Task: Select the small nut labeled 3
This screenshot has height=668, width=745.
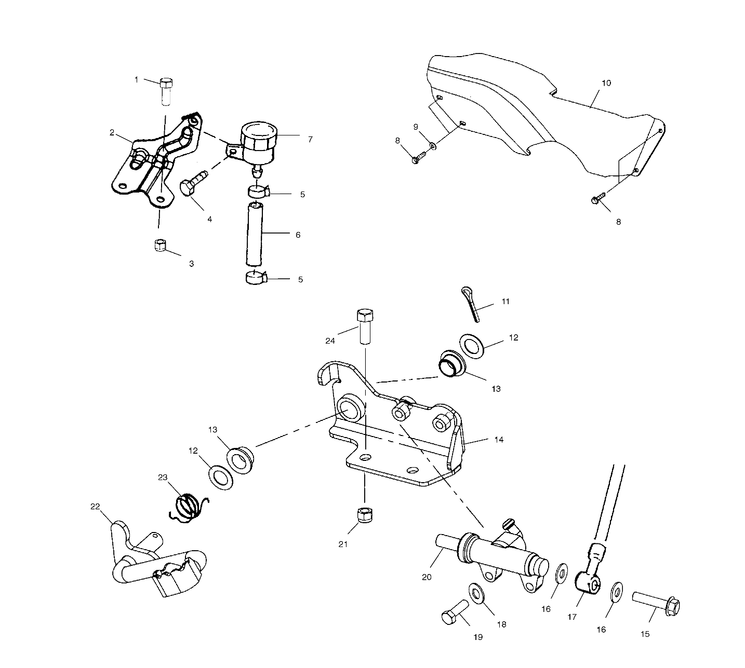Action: coord(160,245)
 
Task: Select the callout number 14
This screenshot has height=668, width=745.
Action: coord(499,440)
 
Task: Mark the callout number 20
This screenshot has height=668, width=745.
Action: coord(427,577)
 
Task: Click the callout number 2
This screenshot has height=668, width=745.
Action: coord(112,132)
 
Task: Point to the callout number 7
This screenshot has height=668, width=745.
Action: coord(310,139)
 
